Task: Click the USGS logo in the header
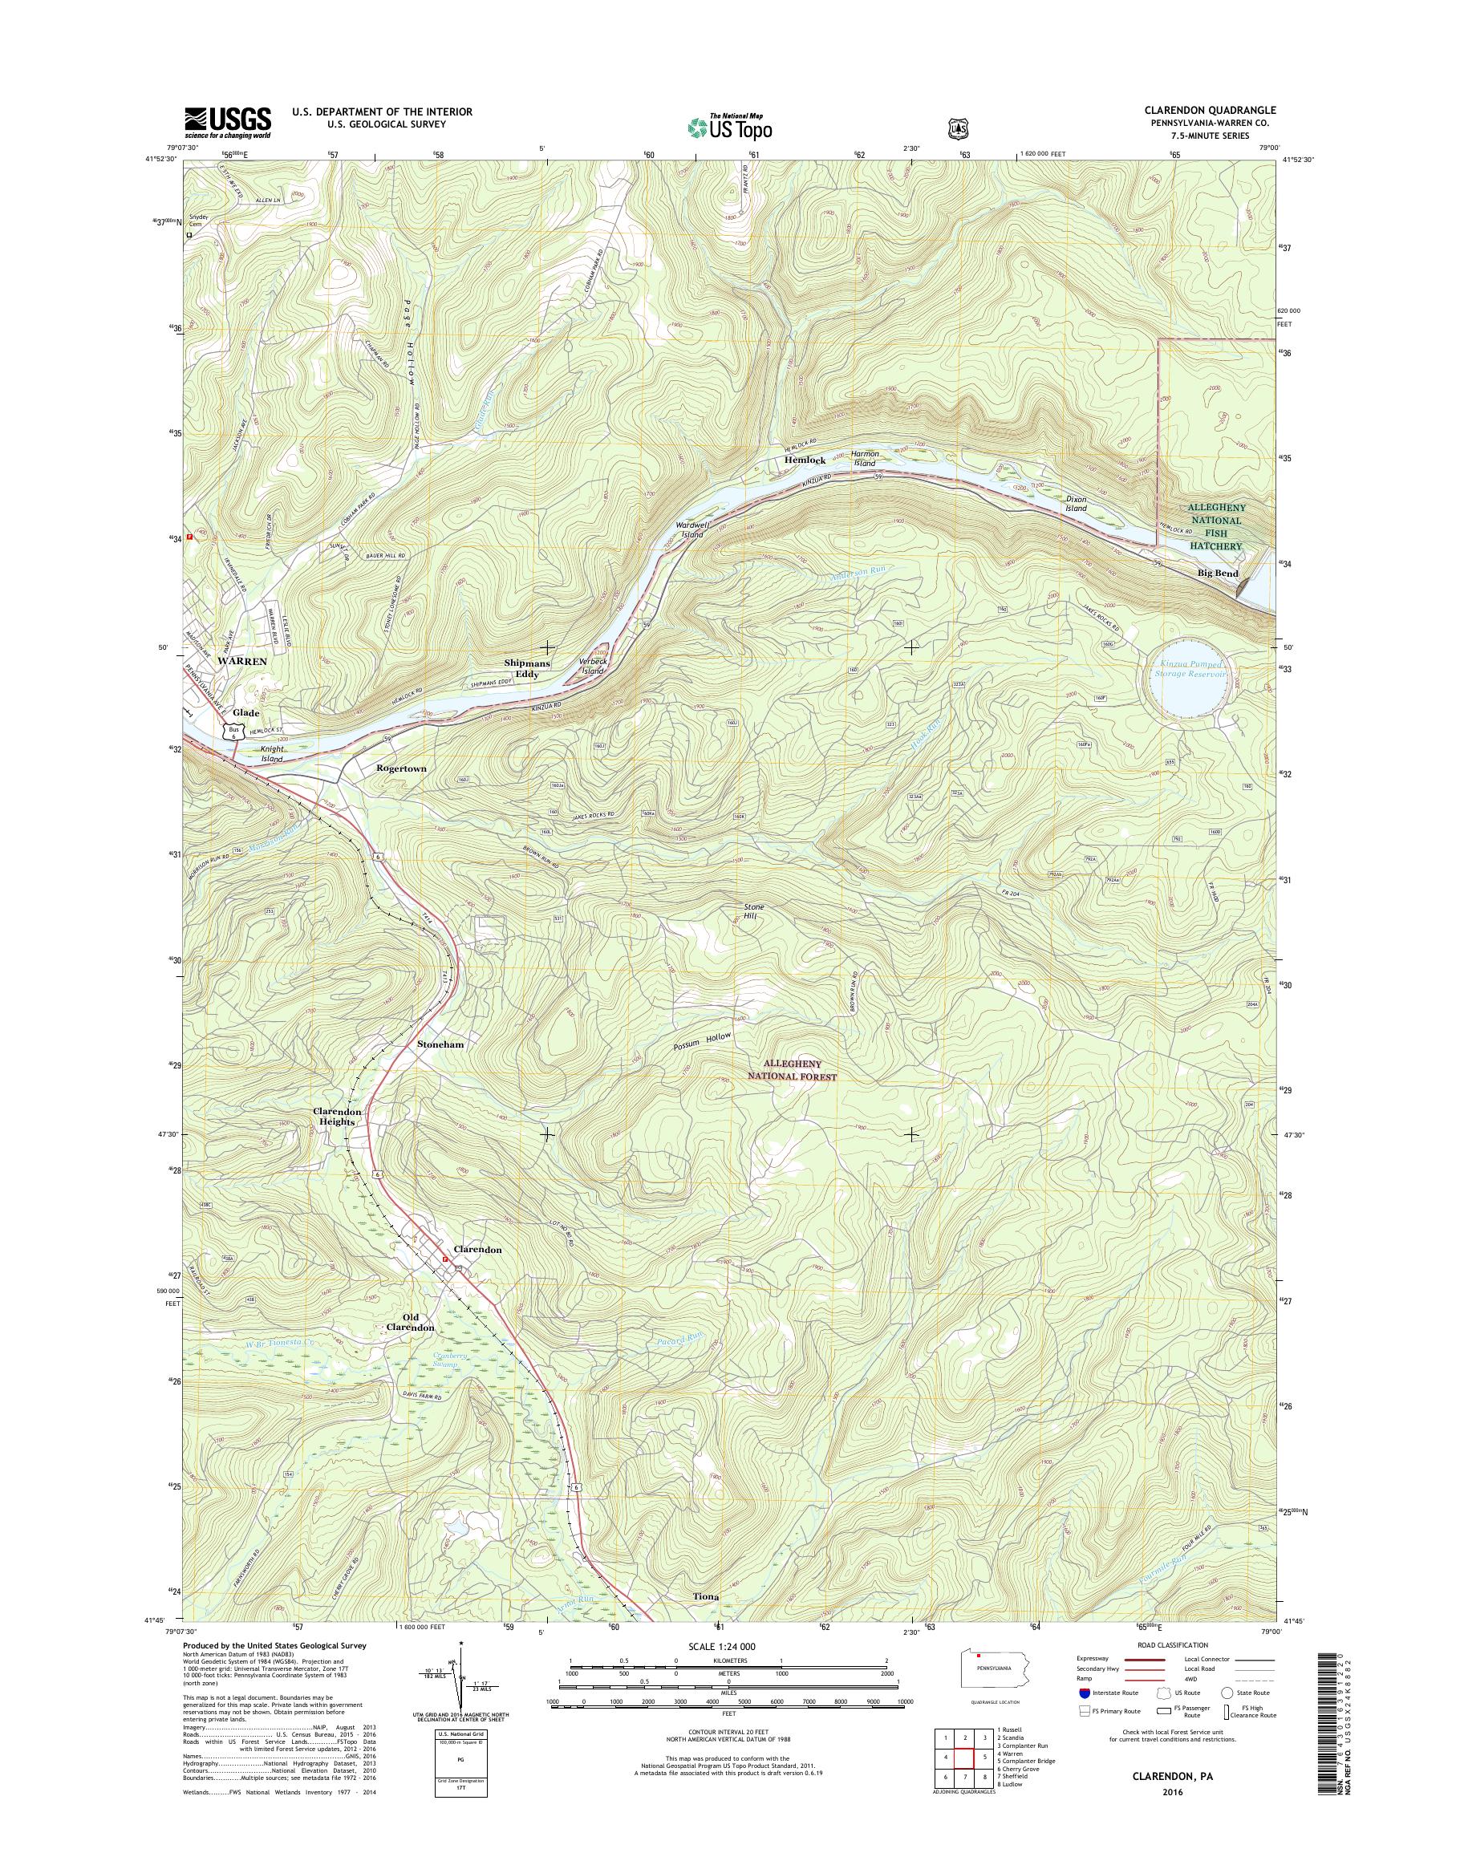tap(227, 121)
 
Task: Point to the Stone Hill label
tap(753, 911)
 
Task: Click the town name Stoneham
tap(442, 1044)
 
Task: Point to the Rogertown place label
tap(401, 768)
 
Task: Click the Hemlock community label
tap(805, 460)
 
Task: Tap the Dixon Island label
tap(1075, 503)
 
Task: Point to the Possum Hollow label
tap(702, 1040)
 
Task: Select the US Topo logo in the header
tap(729, 128)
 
